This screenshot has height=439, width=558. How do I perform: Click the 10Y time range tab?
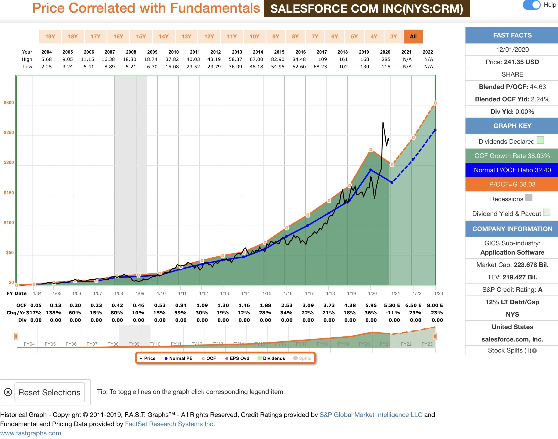coord(254,37)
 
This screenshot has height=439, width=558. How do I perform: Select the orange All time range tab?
coord(413,37)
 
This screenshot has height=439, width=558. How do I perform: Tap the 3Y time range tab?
coord(393,37)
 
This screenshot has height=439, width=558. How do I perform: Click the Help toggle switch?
coord(532,5)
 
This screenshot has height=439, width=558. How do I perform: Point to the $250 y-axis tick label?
coord(9,133)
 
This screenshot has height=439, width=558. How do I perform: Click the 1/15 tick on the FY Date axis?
coord(267,293)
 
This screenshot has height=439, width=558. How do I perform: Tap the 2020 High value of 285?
coord(386,59)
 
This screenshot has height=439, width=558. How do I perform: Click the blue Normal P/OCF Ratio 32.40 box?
coord(512,170)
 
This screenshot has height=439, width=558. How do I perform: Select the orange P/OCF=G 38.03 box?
coord(512,184)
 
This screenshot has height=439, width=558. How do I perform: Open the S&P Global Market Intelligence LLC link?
coord(370,415)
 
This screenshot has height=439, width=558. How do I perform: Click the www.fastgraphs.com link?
coord(31,433)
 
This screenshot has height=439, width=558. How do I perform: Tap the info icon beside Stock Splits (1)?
coord(534,351)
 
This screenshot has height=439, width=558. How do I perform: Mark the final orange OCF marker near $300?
coord(435,103)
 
